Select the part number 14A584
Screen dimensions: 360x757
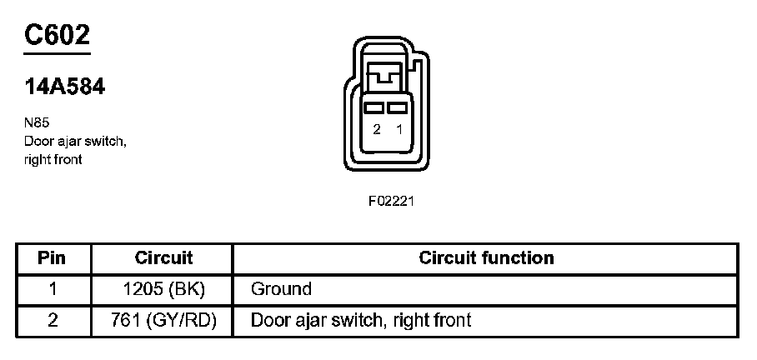pyautogui.click(x=65, y=87)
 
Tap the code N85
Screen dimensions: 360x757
pyautogui.click(x=37, y=122)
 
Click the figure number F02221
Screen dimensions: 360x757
pyautogui.click(x=392, y=201)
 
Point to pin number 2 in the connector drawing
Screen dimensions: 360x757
pyautogui.click(x=377, y=130)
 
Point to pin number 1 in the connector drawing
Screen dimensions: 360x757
pyautogui.click(x=399, y=130)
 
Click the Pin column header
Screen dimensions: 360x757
pyautogui.click(x=52, y=257)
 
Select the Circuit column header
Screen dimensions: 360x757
pyautogui.click(x=163, y=257)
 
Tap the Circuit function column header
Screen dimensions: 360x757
pyautogui.click(x=486, y=257)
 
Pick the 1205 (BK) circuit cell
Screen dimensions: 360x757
pyautogui.click(x=163, y=289)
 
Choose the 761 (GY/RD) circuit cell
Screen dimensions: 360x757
pyautogui.click(x=163, y=320)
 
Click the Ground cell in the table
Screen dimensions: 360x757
pyautogui.click(x=281, y=289)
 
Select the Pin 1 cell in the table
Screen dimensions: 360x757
pyautogui.click(x=52, y=289)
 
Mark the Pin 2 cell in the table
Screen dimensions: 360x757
pyautogui.click(x=52, y=320)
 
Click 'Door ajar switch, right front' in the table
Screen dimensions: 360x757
pyautogui.click(x=360, y=320)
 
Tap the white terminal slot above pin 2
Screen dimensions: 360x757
pyautogui.click(x=377, y=108)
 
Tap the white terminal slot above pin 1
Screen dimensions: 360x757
pyautogui.click(x=398, y=108)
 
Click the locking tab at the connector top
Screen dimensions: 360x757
pyautogui.click(x=388, y=77)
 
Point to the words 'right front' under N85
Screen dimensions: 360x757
pyautogui.click(x=53, y=159)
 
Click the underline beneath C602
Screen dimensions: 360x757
pyautogui.click(x=57, y=52)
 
